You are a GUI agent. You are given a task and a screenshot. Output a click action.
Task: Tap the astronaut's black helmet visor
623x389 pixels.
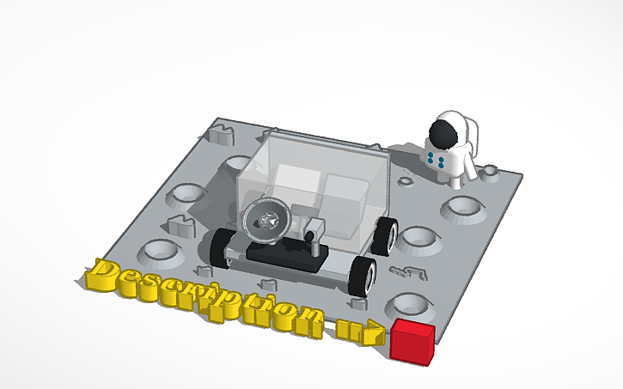[x=442, y=134]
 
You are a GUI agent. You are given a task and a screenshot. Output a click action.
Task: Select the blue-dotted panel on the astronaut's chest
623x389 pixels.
[x=435, y=159]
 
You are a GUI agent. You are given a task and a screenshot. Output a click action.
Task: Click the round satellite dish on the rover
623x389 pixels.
[x=265, y=220]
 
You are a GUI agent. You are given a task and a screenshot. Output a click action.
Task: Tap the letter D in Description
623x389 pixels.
[x=106, y=277]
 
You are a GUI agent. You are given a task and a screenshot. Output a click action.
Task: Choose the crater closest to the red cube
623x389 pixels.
[x=409, y=304]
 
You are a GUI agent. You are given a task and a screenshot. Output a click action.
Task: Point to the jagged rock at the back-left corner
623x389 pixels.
[x=221, y=132]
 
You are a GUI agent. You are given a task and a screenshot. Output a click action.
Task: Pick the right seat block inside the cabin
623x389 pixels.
[x=348, y=201]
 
